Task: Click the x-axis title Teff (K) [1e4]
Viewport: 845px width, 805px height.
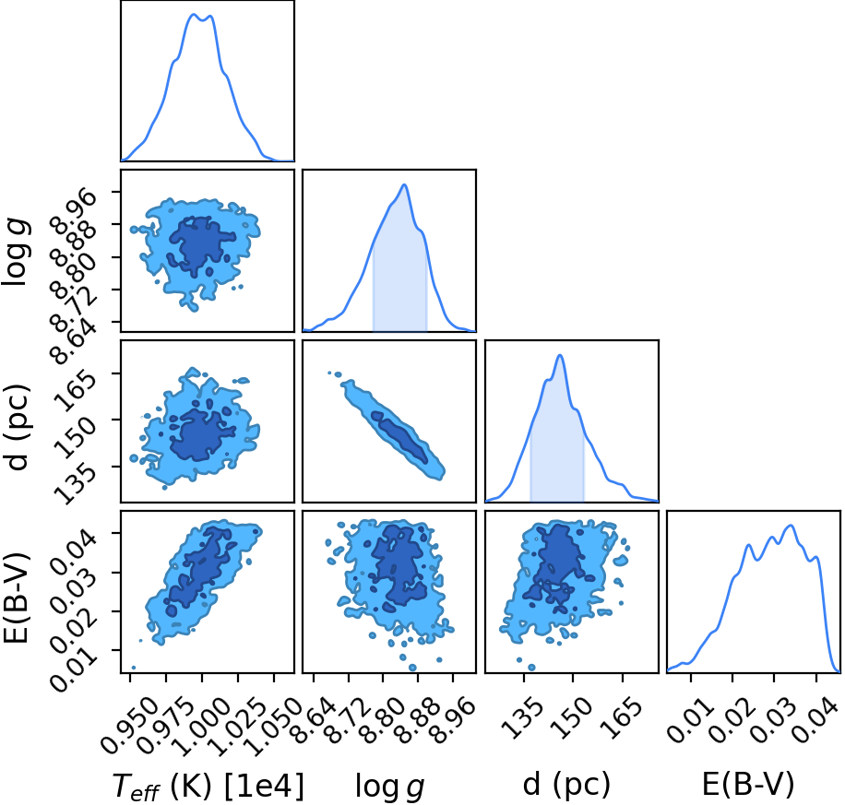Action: pos(208,786)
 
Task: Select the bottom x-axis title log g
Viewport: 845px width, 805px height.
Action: pos(389,787)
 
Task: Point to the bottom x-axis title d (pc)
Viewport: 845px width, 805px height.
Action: pos(566,785)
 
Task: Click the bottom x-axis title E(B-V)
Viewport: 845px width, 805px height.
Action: pos(748,785)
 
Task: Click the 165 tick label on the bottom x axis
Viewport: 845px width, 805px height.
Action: pos(624,710)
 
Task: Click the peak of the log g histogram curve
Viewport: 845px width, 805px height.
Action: pos(404,185)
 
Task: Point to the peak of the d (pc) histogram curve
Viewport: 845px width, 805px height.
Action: pos(561,356)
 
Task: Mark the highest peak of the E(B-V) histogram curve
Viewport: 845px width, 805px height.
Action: pos(791,526)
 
